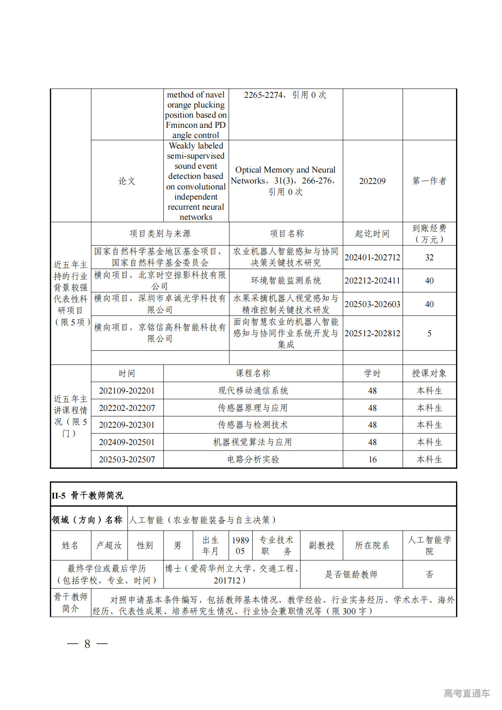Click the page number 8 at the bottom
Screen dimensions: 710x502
[x=87, y=644]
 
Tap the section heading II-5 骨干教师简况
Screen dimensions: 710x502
[x=87, y=495]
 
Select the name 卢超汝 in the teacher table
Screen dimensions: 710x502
[x=109, y=545]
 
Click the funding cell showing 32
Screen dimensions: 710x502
[x=429, y=257]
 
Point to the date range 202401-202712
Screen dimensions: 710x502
[x=372, y=257]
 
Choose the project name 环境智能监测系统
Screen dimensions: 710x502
[x=286, y=281]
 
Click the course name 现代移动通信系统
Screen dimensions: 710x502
[x=253, y=391]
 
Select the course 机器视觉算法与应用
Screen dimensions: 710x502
[x=253, y=442]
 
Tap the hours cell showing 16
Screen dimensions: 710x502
[x=372, y=459]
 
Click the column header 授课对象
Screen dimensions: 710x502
[x=429, y=373]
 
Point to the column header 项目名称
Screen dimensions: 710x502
[x=286, y=233]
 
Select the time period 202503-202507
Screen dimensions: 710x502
[x=127, y=459]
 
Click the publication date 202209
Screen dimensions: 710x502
[x=372, y=181]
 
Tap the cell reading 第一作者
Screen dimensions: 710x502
[x=429, y=181]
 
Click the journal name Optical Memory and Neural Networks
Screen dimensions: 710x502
[x=285, y=175]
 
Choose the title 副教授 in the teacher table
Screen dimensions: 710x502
[x=321, y=545]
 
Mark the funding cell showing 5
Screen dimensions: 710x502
[x=429, y=333]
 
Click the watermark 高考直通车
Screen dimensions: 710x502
[x=467, y=693]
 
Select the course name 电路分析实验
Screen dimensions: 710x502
[x=253, y=459]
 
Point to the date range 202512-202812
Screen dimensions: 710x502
[x=372, y=333]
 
